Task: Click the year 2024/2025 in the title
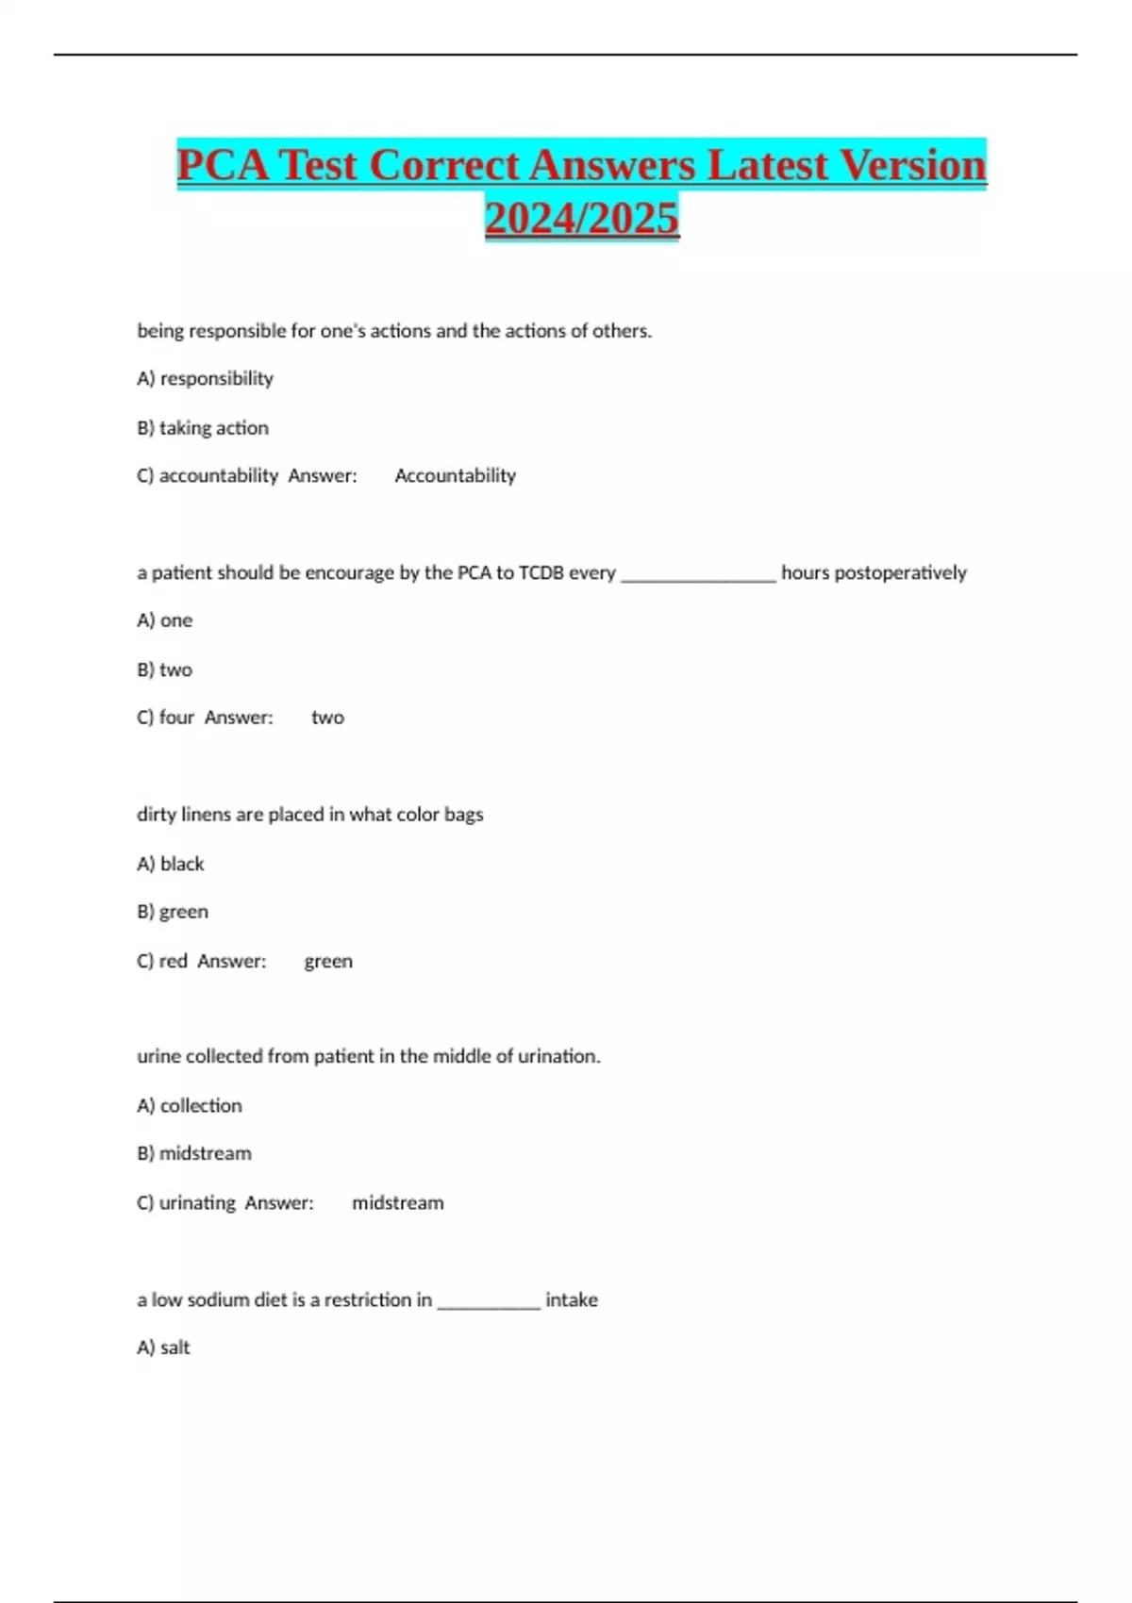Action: [x=582, y=218]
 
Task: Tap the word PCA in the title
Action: [x=223, y=165]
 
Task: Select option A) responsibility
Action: [x=205, y=378]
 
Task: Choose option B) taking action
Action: [x=203, y=427]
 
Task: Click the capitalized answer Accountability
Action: [x=455, y=475]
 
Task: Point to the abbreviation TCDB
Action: [x=541, y=572]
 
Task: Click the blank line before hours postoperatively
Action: [x=698, y=575]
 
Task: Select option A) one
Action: [x=165, y=620]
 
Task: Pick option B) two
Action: [x=165, y=669]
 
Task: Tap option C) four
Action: [x=166, y=718]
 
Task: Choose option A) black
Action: [x=171, y=864]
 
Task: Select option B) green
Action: [x=173, y=912]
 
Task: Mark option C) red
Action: [x=162, y=961]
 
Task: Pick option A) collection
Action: [x=190, y=1105]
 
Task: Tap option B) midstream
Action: [x=194, y=1153]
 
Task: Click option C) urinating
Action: [x=187, y=1202]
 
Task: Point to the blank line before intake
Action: [x=489, y=1302]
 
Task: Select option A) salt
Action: [x=164, y=1347]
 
